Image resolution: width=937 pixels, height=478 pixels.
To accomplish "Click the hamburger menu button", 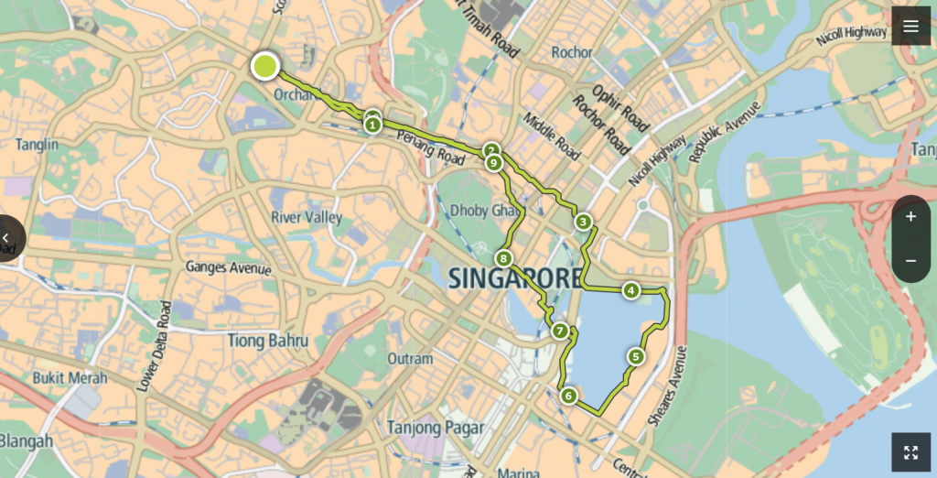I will click(910, 27).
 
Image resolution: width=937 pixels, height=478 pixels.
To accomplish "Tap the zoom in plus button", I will click(910, 218).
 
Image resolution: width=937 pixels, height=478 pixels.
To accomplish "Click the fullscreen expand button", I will click(910, 452).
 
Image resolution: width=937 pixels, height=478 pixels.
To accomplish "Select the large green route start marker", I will click(265, 66).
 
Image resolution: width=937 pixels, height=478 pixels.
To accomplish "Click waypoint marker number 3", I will click(583, 222).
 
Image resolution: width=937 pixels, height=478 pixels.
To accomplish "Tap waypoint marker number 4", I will click(630, 291).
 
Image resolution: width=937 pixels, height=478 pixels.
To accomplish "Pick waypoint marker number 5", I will click(635, 356).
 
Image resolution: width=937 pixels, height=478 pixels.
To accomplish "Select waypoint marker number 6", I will click(568, 396).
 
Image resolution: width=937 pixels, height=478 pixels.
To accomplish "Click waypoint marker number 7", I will click(560, 331).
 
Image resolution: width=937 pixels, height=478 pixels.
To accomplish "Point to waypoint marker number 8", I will click(502, 259).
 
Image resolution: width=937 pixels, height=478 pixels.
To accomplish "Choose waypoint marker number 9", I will click(494, 164).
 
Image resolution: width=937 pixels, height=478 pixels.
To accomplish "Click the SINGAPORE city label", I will click(515, 277).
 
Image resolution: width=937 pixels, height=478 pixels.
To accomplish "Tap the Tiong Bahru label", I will click(267, 341).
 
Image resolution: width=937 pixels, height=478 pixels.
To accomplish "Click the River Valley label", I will click(307, 218).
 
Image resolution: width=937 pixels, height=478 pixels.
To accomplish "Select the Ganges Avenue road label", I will click(228, 268).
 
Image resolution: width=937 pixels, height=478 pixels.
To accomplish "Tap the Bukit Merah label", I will click(70, 377).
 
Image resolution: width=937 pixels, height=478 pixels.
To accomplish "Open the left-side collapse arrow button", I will click(7, 238).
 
